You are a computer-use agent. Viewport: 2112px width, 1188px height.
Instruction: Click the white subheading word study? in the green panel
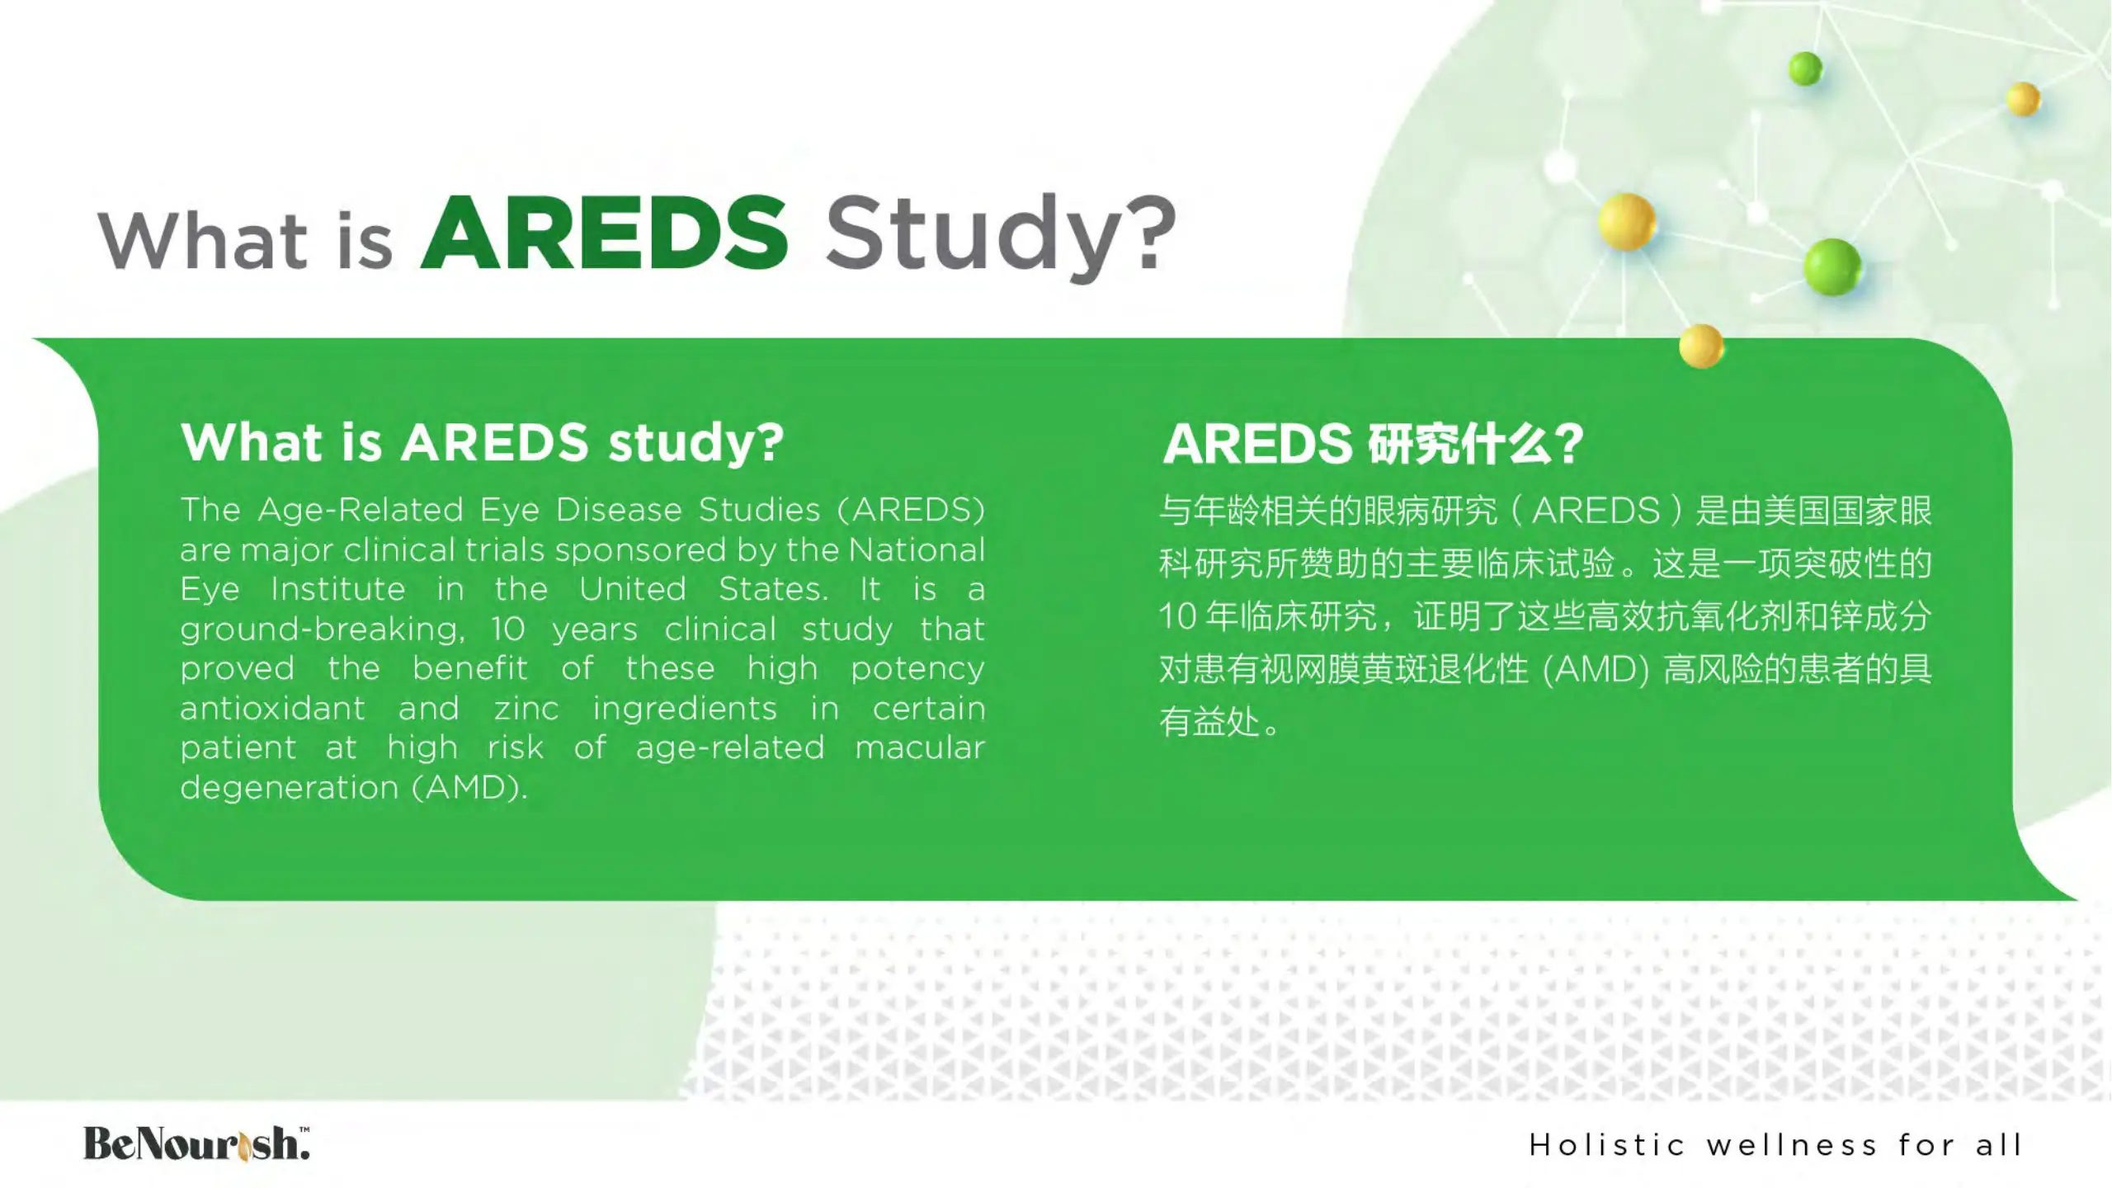(x=695, y=443)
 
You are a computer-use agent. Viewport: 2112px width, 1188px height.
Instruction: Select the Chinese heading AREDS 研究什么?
(x=1373, y=444)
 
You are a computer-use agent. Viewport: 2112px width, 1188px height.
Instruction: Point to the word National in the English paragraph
(x=917, y=549)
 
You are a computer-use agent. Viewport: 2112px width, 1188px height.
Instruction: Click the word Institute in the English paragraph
(x=338, y=589)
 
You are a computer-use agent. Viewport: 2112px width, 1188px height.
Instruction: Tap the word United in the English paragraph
(x=633, y=589)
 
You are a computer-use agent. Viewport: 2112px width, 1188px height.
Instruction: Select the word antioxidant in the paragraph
(x=272, y=708)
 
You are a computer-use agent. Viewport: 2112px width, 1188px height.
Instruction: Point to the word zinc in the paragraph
(x=526, y=709)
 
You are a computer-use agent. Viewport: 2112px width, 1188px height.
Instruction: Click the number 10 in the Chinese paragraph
(x=1177, y=616)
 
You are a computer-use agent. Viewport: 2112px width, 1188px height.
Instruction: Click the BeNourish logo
(x=196, y=1143)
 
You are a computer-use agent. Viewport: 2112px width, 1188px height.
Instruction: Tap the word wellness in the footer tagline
(x=1791, y=1145)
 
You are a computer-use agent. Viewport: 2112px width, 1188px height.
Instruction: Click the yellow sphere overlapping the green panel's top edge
(x=1701, y=346)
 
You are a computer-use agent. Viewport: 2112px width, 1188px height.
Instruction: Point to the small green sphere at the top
(x=1805, y=68)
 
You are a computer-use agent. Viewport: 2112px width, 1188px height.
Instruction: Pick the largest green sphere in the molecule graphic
(x=1832, y=266)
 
